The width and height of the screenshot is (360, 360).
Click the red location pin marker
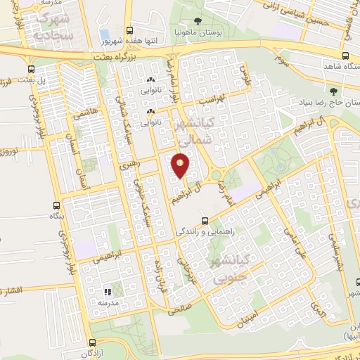coord(181,165)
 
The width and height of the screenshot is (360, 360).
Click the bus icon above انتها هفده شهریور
coord(129,30)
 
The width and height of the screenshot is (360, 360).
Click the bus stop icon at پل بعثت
coord(30,69)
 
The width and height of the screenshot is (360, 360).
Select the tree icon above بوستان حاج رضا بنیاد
coord(333,91)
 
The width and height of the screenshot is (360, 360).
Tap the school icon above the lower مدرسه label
coord(108,290)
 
